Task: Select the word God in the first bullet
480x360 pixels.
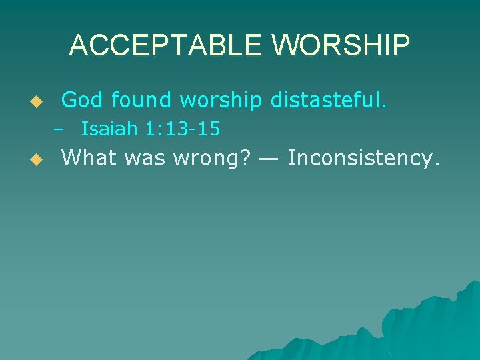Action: (x=83, y=100)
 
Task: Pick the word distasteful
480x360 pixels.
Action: (x=329, y=100)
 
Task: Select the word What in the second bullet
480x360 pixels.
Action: (x=87, y=158)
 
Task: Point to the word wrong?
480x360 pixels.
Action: (x=207, y=159)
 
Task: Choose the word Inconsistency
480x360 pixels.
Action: (x=363, y=159)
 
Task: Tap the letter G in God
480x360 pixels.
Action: (x=69, y=100)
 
